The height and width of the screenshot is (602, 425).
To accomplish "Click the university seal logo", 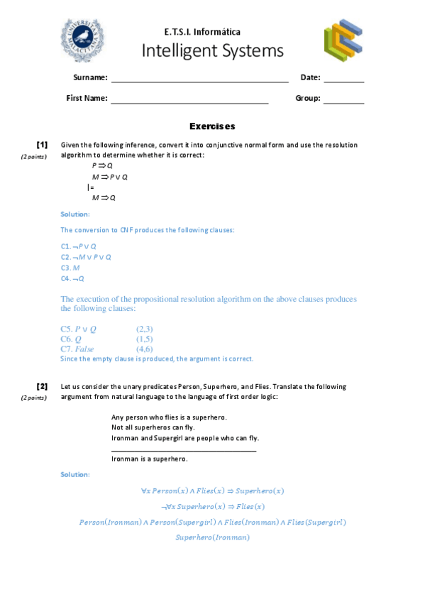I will pos(84,39).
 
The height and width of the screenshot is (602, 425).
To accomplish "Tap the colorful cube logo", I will pos(343,40).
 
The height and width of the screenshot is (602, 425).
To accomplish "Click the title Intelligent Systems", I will pos(212,51).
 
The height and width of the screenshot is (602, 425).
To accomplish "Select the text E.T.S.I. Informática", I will pos(202,32).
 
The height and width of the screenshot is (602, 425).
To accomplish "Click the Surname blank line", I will pos(199,82).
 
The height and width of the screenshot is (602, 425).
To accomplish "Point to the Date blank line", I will pos(343,82).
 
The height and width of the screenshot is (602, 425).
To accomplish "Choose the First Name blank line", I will pos(189,103).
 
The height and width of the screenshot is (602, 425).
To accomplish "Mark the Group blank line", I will pos(343,103).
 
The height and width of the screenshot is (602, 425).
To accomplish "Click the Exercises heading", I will pos(212,126).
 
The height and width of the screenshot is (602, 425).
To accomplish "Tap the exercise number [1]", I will pos(42,144).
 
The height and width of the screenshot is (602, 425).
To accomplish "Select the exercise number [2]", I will pos(42,386).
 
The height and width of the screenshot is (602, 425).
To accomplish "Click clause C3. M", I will pos(70,268).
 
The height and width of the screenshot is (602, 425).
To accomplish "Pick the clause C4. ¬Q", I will pos(72,278).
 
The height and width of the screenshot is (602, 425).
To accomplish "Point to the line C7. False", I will pos(77,349).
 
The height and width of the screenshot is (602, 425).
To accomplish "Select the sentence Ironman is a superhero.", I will pos(150,459).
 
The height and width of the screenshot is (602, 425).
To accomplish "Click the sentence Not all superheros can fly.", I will pos(153,427).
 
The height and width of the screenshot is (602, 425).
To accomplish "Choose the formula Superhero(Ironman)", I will pos(212,537).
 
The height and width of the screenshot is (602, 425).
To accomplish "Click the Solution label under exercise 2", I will pos(75,474).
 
